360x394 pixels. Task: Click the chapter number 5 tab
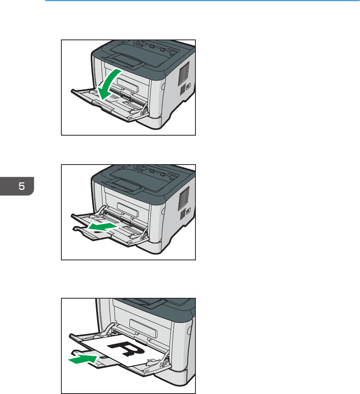[17, 186]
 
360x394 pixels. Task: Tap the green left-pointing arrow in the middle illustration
[102, 227]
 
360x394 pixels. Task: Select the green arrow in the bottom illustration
[83, 359]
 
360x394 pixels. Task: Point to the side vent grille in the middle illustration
[184, 199]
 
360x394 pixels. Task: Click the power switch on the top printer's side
[188, 86]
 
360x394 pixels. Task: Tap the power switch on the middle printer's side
[188, 210]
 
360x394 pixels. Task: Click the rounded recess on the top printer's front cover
[127, 85]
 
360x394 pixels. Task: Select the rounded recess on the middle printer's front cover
[127, 210]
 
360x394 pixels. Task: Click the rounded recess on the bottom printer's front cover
[143, 328]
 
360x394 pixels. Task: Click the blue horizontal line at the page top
[202, 0]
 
